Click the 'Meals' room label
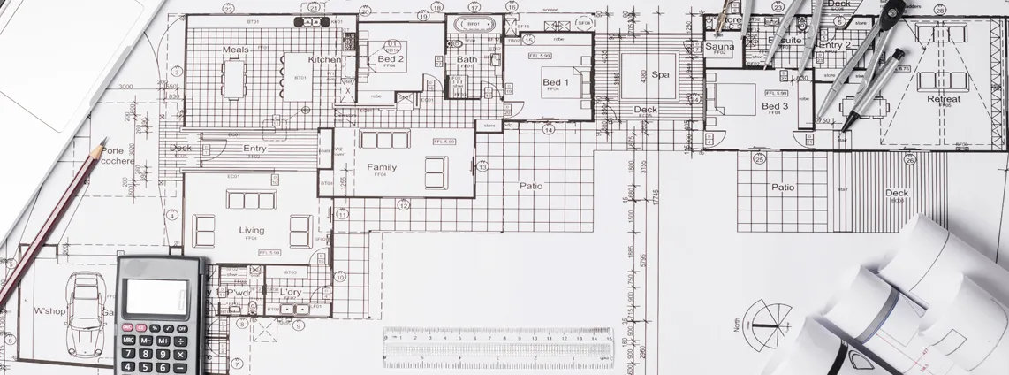point(235,50)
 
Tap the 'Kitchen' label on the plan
point(323,60)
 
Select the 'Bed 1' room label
point(554,82)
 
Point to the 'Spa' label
point(660,75)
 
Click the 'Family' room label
point(382,167)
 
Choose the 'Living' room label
point(251,230)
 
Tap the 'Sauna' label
point(719,46)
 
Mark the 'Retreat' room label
point(943,99)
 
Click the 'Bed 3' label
point(774,106)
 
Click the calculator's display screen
point(156,297)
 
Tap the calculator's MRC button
point(129,341)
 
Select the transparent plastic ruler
point(497,346)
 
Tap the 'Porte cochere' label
point(118,156)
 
